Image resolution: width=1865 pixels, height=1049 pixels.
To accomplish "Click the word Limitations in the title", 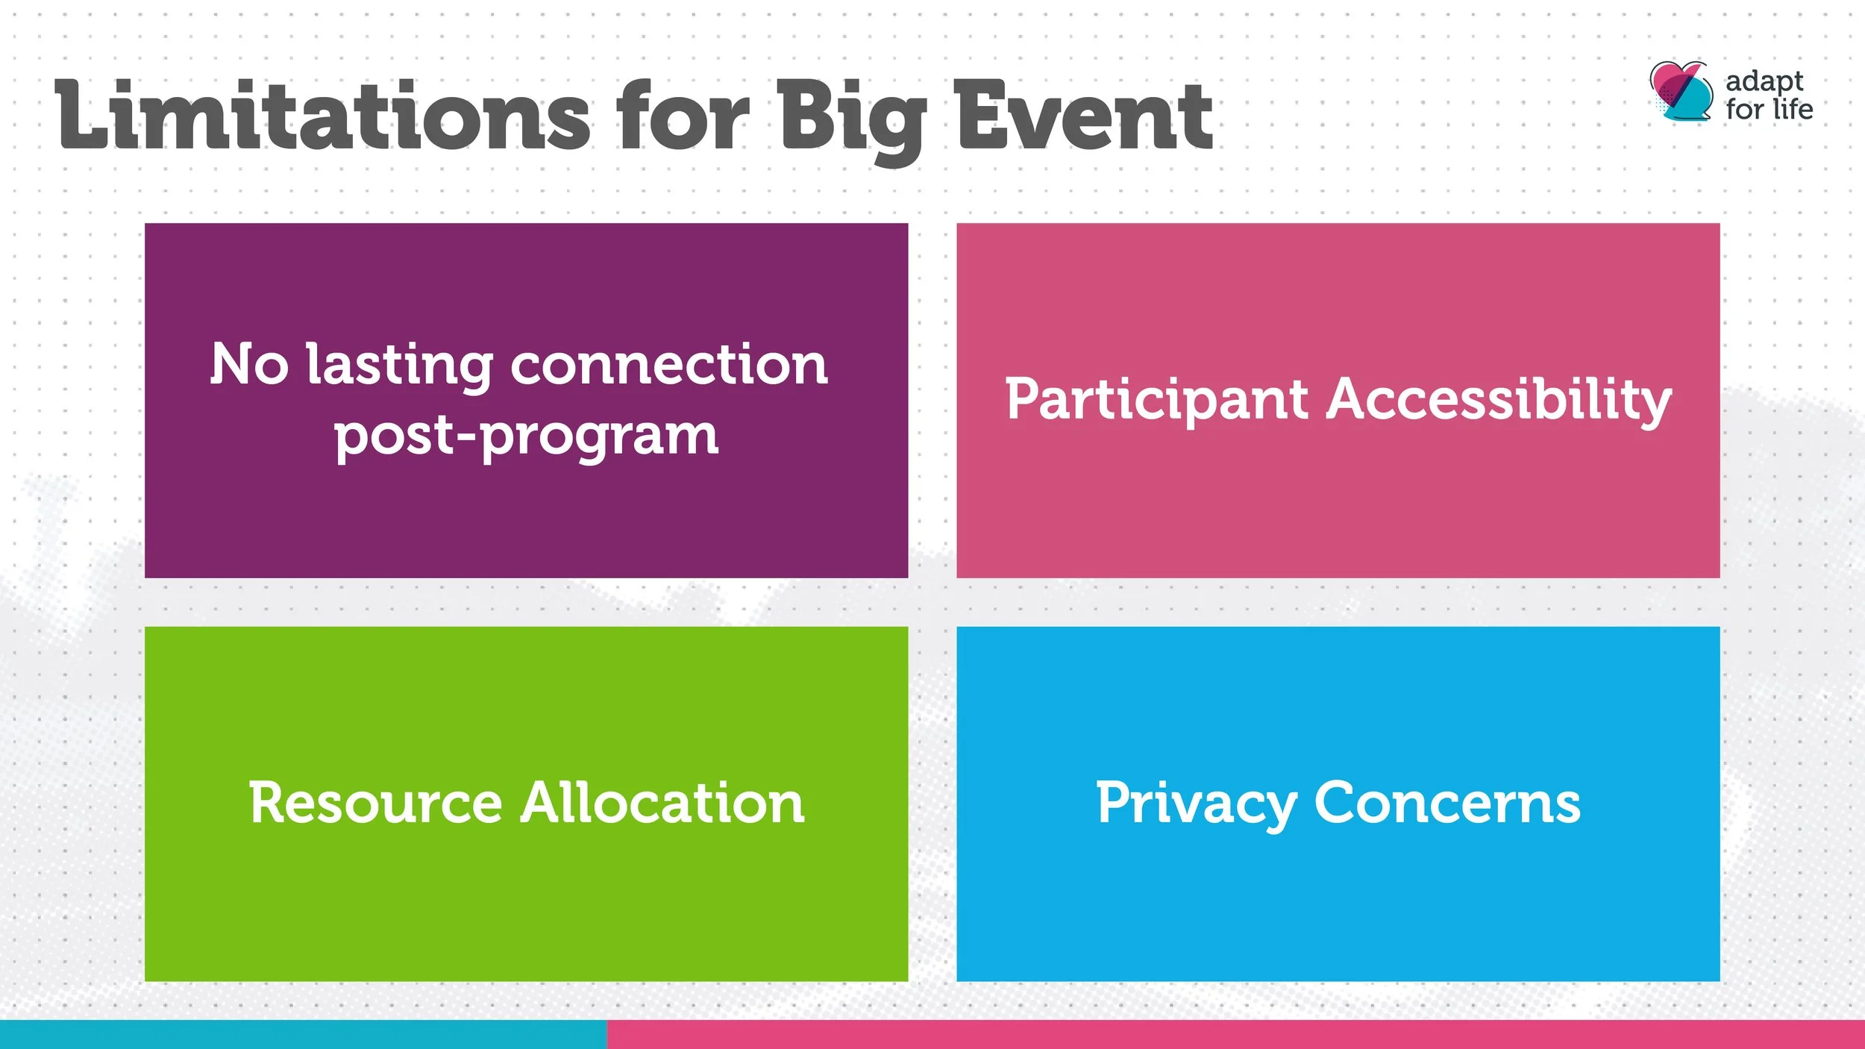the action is pyautogui.click(x=322, y=114).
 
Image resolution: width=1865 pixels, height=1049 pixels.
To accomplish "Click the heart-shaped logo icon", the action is pyautogui.click(x=1681, y=92).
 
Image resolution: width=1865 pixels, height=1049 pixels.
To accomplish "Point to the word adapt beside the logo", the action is pyautogui.click(x=1764, y=81).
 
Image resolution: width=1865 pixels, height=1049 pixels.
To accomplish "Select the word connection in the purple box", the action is pyautogui.click(x=669, y=366).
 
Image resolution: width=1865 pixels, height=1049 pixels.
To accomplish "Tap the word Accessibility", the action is pyautogui.click(x=1499, y=400).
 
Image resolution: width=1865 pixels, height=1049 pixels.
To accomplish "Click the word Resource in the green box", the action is pyautogui.click(x=375, y=803).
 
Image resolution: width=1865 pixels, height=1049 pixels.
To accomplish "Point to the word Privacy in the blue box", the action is pyautogui.click(x=1196, y=804).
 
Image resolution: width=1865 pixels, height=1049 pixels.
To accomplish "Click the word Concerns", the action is pyautogui.click(x=1447, y=803).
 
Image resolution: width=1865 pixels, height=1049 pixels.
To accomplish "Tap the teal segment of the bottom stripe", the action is pyautogui.click(x=304, y=1034).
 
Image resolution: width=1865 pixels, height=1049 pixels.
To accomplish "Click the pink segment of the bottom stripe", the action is pyautogui.click(x=1236, y=1034).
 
